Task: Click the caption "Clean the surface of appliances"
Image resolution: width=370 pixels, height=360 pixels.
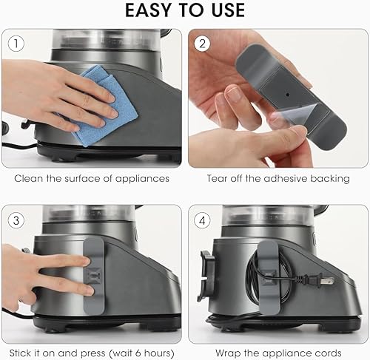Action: (91, 178)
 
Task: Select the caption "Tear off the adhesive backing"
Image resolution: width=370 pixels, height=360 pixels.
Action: (277, 178)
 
